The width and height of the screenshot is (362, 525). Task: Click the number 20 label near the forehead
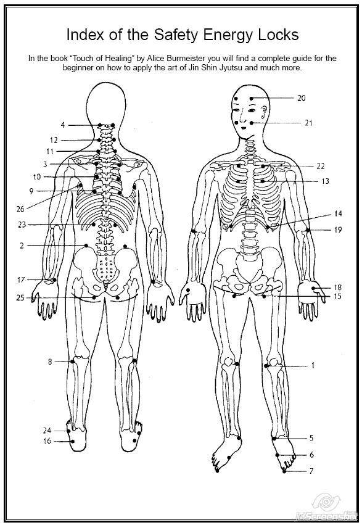tap(302, 98)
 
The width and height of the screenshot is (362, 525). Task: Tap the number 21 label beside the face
tap(308, 123)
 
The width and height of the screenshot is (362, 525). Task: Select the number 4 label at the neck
tap(63, 125)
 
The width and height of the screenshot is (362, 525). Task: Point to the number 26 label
tap(20, 209)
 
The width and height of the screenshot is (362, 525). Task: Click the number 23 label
tap(22, 225)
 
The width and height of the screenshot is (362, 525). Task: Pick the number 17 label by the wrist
tap(21, 279)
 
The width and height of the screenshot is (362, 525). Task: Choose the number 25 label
tap(20, 297)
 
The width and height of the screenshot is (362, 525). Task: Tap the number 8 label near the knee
tap(50, 362)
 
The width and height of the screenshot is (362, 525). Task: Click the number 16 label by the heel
tap(47, 441)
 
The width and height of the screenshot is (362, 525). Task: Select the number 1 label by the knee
tap(313, 365)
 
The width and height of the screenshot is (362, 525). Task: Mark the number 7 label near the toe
tap(311, 471)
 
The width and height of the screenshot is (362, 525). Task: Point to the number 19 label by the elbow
tap(337, 229)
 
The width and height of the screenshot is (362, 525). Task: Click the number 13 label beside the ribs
tap(325, 181)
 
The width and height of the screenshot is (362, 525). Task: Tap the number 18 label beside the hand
tap(337, 287)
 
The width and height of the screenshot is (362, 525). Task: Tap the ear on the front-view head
tap(265, 112)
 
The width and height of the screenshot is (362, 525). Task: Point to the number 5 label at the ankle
tap(311, 438)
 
